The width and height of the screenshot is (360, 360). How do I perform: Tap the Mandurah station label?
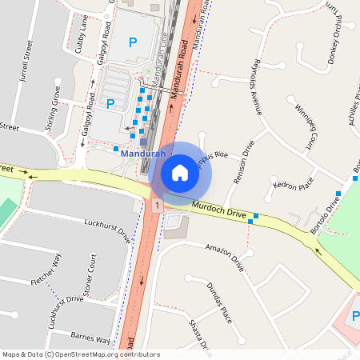[x=143, y=154]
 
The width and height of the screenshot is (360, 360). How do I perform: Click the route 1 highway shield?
[x=158, y=206]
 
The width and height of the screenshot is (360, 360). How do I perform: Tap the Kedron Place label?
[x=293, y=186]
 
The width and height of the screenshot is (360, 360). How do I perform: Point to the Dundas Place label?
[x=218, y=301]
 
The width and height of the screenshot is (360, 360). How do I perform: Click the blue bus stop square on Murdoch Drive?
[x=256, y=217]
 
